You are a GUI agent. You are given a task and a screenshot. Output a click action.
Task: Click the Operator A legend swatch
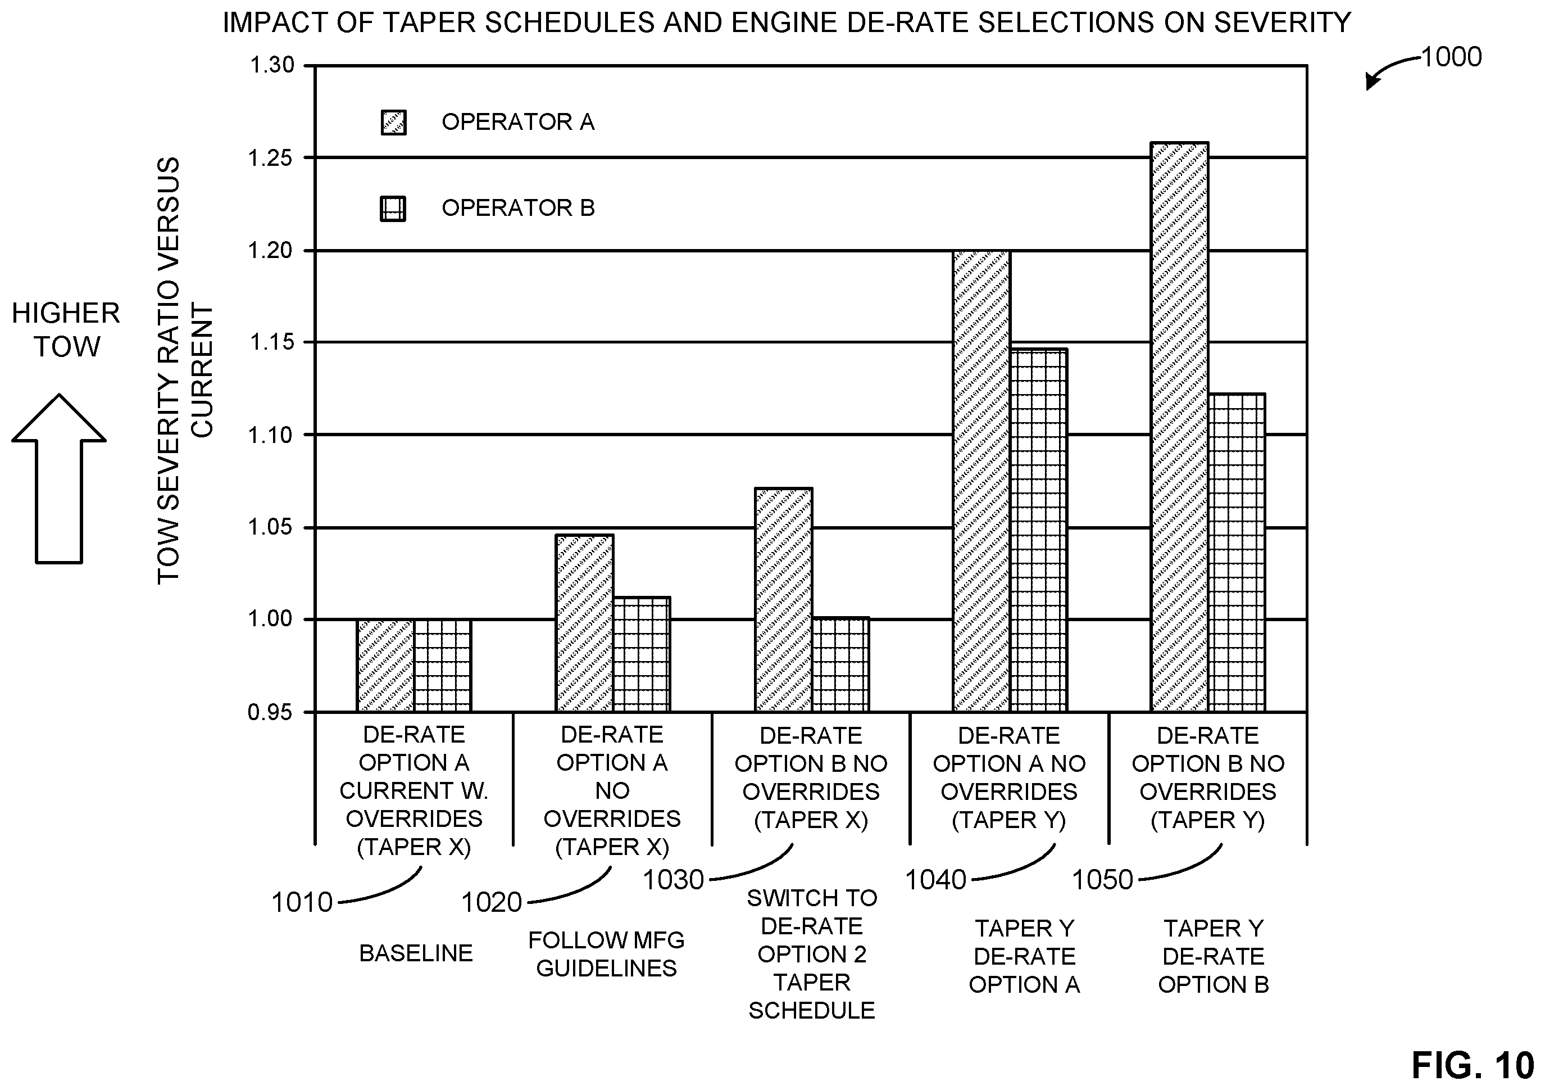click(394, 123)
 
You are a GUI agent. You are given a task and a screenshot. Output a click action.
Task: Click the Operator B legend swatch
click(393, 209)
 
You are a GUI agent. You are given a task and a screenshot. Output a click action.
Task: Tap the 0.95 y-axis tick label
click(272, 712)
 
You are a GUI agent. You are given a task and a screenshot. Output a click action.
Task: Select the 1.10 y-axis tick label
click(272, 436)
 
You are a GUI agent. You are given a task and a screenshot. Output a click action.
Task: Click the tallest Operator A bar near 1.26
click(1180, 427)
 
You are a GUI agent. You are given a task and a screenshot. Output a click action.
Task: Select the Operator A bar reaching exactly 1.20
click(981, 481)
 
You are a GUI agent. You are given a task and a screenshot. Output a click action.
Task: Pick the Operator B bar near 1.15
click(1039, 531)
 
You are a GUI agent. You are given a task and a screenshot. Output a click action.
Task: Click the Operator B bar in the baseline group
click(442, 666)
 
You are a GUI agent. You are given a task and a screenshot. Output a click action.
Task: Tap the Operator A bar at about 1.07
click(783, 600)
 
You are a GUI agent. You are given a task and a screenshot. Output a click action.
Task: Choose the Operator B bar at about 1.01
click(641, 654)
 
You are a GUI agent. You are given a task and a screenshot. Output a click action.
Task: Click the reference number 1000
click(1452, 57)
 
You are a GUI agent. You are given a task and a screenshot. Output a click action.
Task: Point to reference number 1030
click(674, 880)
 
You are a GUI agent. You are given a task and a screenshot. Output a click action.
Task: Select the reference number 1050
click(1102, 880)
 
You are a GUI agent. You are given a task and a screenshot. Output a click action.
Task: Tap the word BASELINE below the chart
click(416, 953)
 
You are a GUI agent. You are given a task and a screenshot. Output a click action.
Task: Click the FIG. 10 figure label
click(1473, 1066)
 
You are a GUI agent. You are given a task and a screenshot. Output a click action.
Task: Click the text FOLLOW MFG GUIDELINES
click(606, 954)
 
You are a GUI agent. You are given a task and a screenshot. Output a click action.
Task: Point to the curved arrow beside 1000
click(1390, 69)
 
